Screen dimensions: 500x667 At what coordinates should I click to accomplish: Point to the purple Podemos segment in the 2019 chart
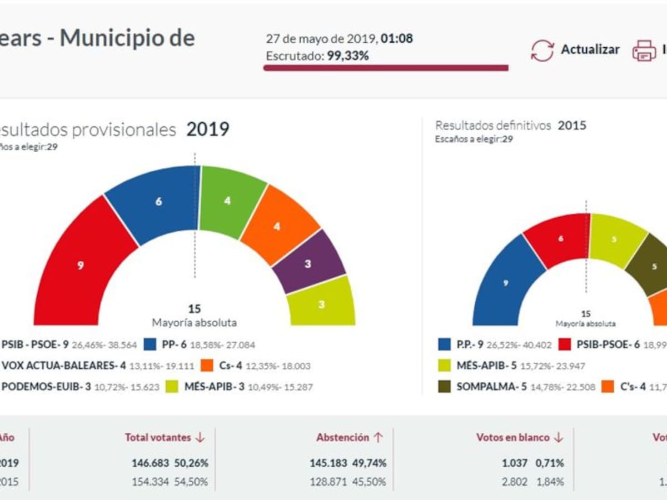308,264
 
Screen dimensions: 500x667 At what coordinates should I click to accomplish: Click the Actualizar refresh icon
542,51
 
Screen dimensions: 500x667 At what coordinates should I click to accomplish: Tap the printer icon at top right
644,51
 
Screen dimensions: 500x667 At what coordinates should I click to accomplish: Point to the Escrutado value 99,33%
348,56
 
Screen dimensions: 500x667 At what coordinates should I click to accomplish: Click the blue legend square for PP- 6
150,344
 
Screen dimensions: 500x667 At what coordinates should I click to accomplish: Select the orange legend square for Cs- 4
206,366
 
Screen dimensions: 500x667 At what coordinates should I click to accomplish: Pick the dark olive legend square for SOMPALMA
444,387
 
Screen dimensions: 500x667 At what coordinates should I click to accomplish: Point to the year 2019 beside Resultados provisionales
207,129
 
